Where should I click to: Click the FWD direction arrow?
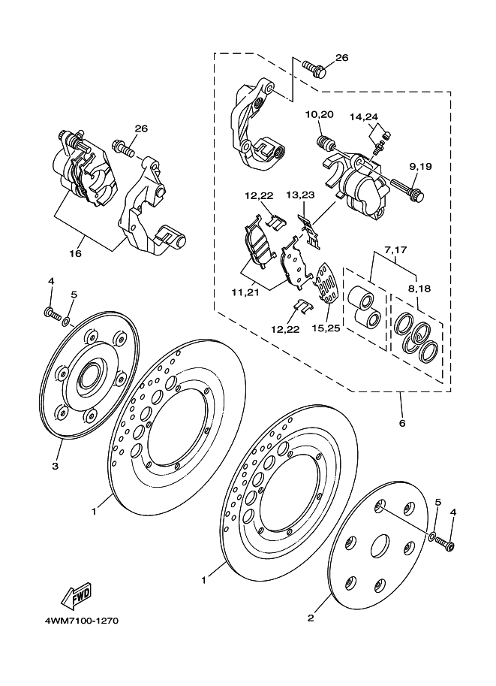[x=76, y=595]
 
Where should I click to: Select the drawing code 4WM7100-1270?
[x=81, y=621]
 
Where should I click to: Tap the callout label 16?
[x=76, y=253]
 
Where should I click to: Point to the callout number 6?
[x=402, y=423]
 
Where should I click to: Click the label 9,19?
[x=421, y=166]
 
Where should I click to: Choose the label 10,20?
[x=320, y=115]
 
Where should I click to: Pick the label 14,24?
[x=364, y=116]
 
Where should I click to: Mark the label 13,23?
[x=300, y=195]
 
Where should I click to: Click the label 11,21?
[x=245, y=292]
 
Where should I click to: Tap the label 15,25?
[x=326, y=328]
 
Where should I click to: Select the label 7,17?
[x=395, y=250]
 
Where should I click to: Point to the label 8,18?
[x=419, y=289]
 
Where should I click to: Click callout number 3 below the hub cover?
[x=55, y=467]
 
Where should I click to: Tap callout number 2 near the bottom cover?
[x=311, y=618]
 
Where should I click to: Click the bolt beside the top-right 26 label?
[x=314, y=69]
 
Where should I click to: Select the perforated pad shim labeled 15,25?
[x=327, y=283]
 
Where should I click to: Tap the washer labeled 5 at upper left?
[x=66, y=322]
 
